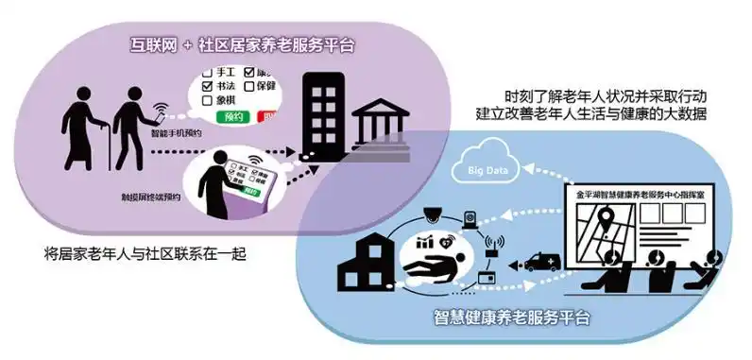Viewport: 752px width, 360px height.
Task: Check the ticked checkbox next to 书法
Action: pos(208,85)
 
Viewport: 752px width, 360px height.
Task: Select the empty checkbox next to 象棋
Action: pos(208,100)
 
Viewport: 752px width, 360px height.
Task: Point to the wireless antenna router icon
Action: pos(492,245)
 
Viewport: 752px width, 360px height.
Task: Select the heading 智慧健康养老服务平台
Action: pos(512,317)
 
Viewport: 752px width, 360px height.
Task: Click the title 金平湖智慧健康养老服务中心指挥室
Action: pos(643,189)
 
